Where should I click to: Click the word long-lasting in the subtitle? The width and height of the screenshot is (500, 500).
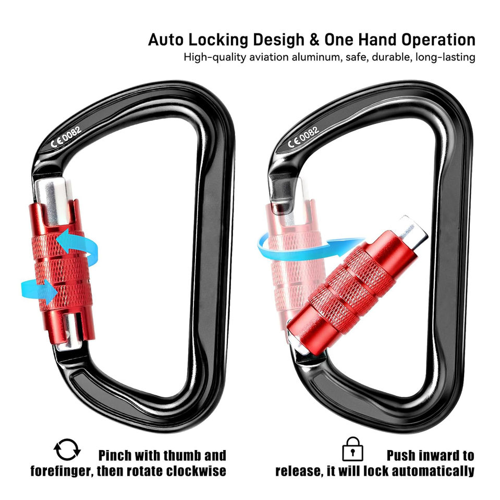445,57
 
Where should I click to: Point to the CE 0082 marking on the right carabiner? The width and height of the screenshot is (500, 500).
303,137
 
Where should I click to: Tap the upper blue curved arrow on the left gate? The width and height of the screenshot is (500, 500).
78,245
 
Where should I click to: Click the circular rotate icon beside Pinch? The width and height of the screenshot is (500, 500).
67,450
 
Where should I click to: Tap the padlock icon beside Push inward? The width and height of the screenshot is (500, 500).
352,449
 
